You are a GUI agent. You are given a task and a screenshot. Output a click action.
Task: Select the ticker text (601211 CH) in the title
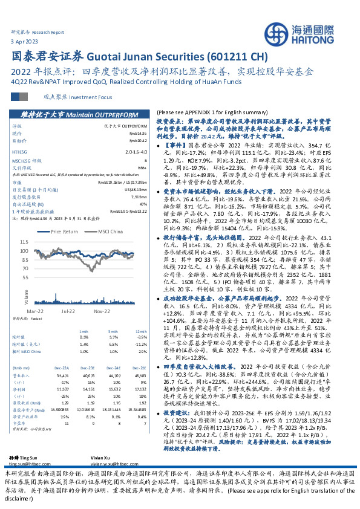(x=237, y=57)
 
